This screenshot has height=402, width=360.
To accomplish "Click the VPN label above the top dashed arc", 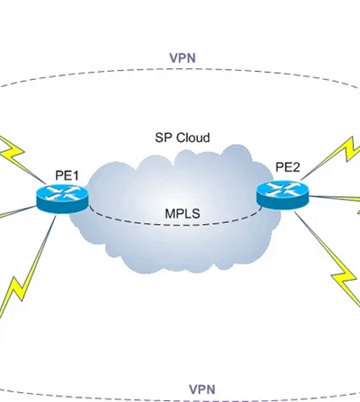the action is click(x=183, y=58).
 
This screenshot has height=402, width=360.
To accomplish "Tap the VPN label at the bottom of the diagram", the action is click(x=202, y=389).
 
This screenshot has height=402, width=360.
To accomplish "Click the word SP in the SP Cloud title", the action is click(x=164, y=138).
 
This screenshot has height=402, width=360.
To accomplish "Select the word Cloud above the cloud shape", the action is click(x=193, y=138).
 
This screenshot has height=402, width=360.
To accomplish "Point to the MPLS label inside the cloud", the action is click(x=183, y=214).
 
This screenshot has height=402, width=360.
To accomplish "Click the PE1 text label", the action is click(x=67, y=175).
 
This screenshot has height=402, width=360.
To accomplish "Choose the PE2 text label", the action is click(x=287, y=167).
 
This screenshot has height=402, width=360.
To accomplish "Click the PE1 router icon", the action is click(x=63, y=198).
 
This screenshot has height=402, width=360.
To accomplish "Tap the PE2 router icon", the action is click(x=283, y=194).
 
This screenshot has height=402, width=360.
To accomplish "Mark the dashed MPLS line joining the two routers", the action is click(x=175, y=224).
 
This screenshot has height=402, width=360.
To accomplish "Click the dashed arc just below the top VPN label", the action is click(x=180, y=69).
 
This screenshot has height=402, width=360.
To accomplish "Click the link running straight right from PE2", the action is click(x=335, y=198).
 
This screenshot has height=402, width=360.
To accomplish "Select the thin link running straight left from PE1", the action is click(x=18, y=211).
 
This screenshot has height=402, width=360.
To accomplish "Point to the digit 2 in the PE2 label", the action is click(x=296, y=167).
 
